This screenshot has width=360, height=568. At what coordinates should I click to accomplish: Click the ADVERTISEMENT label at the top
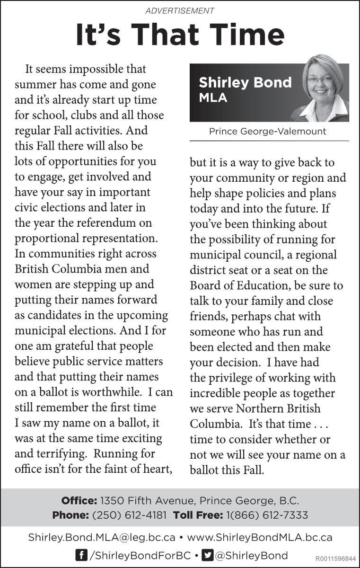tap(180, 10)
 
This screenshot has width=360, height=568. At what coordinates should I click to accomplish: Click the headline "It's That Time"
tap(180, 35)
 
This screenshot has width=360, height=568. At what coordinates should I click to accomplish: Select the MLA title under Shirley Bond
tap(213, 98)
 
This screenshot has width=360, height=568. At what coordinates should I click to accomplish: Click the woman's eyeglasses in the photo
tap(319, 80)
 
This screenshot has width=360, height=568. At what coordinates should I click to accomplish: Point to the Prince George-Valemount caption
tap(267, 131)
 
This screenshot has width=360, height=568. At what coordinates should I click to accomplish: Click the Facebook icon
tap(81, 555)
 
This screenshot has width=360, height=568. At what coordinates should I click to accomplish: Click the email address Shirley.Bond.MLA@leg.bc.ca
tap(102, 538)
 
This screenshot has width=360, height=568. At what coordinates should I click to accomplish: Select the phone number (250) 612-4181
tap(129, 515)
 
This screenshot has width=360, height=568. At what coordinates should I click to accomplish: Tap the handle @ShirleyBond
tap(252, 555)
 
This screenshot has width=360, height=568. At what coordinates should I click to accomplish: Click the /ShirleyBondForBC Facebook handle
tap(140, 555)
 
